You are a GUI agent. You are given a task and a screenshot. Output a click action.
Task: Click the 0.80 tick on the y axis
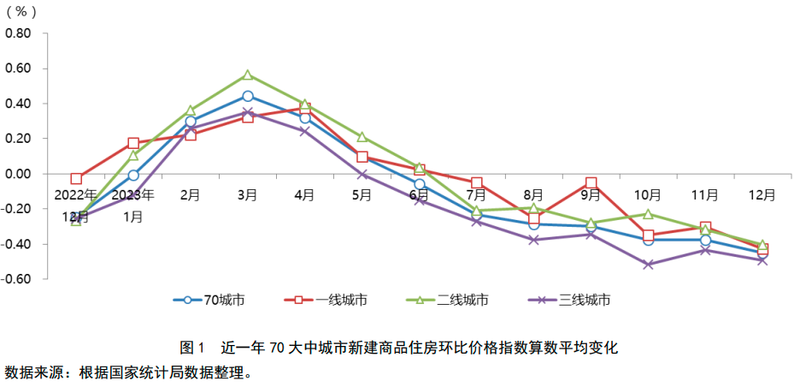click(x=19, y=33)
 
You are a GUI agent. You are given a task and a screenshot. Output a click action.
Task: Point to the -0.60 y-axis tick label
click(x=17, y=279)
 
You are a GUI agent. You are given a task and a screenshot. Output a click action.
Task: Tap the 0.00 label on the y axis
click(x=19, y=174)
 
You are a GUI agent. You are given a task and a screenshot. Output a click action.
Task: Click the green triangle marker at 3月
click(x=247, y=75)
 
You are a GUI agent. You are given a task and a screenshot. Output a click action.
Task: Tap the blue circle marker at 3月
click(x=247, y=97)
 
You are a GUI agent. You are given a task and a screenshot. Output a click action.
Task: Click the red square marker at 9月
click(x=591, y=183)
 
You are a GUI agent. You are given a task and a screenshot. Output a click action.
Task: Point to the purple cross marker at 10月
click(x=648, y=265)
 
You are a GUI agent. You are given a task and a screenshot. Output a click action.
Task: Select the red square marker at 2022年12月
click(x=76, y=179)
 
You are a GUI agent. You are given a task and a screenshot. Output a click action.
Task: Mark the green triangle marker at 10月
click(x=648, y=214)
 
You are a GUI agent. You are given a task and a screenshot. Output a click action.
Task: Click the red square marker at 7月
click(x=476, y=183)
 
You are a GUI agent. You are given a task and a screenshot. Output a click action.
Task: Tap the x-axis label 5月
click(x=362, y=194)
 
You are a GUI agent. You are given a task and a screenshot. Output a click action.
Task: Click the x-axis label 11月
click(x=705, y=194)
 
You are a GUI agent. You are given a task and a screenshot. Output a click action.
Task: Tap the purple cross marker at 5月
click(x=362, y=174)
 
